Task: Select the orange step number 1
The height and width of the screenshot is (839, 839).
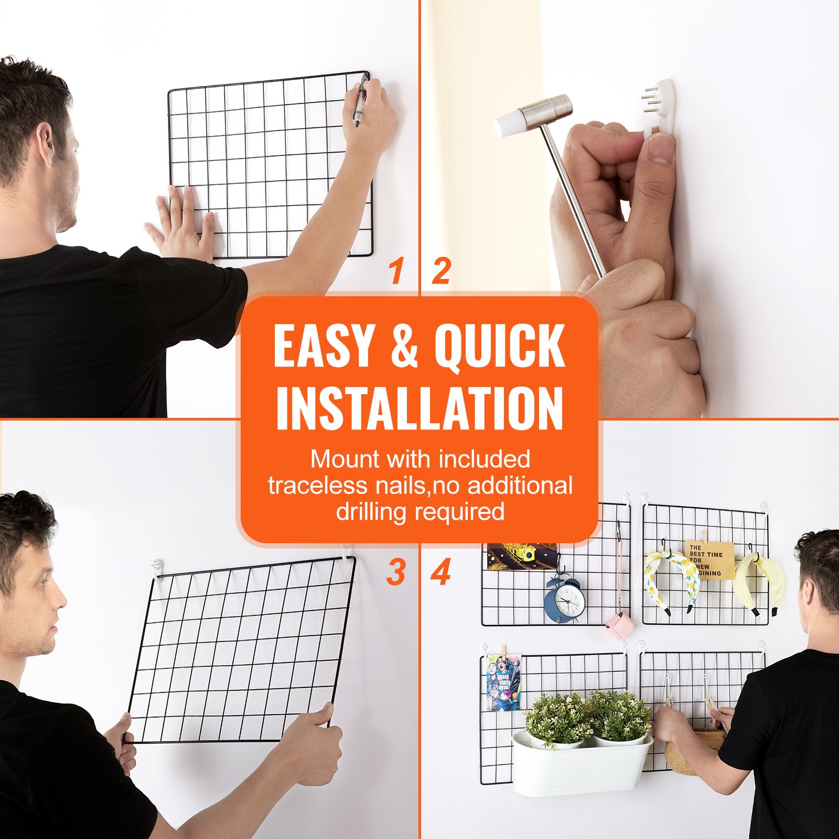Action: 396,271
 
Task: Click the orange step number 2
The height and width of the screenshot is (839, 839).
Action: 441,271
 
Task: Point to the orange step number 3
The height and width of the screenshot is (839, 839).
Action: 396,572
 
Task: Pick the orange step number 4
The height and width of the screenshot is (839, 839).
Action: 441,572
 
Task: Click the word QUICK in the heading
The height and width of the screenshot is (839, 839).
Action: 499,346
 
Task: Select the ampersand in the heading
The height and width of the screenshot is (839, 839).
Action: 404,346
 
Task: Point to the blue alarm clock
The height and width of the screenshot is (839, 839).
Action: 563,600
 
